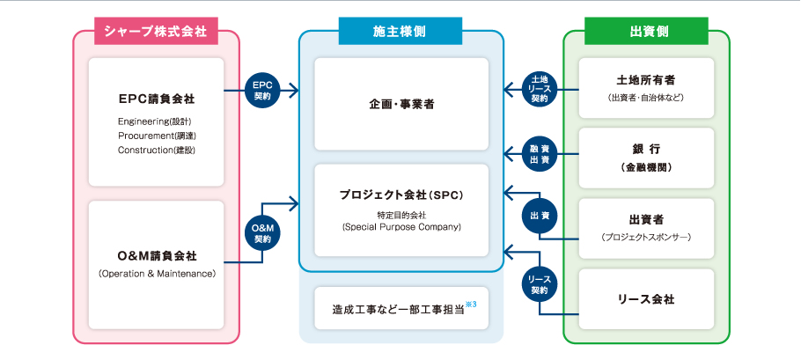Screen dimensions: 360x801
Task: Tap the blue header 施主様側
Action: (400, 31)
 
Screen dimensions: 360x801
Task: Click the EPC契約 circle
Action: (265, 89)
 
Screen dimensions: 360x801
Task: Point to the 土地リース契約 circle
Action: (540, 89)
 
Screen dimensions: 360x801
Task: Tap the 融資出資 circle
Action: (540, 154)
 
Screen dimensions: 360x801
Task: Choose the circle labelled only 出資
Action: (540, 216)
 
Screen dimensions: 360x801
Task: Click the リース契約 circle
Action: (540, 283)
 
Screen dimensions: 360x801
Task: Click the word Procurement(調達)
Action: (155, 136)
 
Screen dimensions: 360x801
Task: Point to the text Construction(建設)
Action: (156, 151)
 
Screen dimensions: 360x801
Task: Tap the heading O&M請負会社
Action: (157, 256)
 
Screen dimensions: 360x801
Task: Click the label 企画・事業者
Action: (401, 105)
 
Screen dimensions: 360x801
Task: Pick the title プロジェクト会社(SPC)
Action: (401, 194)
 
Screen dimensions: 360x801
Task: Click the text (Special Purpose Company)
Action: (401, 227)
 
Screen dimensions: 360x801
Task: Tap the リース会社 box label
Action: (646, 299)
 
